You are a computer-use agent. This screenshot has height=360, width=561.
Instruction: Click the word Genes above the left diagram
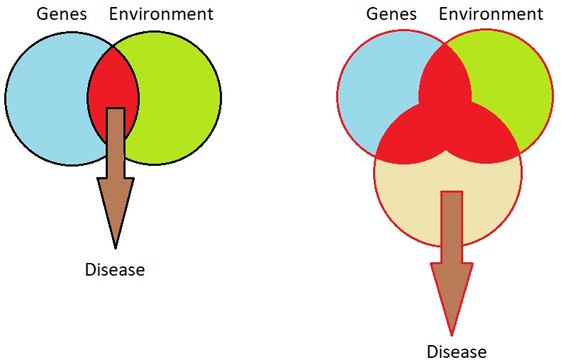click(62, 14)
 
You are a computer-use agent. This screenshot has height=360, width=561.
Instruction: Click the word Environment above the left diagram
click(161, 14)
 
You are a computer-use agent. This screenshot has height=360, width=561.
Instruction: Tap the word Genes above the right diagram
click(391, 14)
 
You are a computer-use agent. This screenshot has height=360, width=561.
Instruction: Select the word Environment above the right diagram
click(491, 14)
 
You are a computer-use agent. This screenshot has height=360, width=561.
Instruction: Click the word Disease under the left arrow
click(115, 269)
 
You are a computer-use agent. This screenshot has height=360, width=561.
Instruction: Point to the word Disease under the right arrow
click(457, 351)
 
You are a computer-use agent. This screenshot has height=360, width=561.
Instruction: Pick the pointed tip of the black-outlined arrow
click(115, 249)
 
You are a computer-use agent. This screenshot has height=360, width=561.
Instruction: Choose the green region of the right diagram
click(515, 89)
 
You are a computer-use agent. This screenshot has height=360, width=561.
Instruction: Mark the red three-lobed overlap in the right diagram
click(445, 118)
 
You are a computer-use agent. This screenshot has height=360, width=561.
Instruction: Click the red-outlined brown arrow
click(452, 264)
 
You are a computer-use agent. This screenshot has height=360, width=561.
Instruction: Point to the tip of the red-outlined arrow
click(452, 336)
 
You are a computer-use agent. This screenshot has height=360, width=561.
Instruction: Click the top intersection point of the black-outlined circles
click(113, 47)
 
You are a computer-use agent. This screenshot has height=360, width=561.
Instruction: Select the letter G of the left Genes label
click(43, 14)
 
